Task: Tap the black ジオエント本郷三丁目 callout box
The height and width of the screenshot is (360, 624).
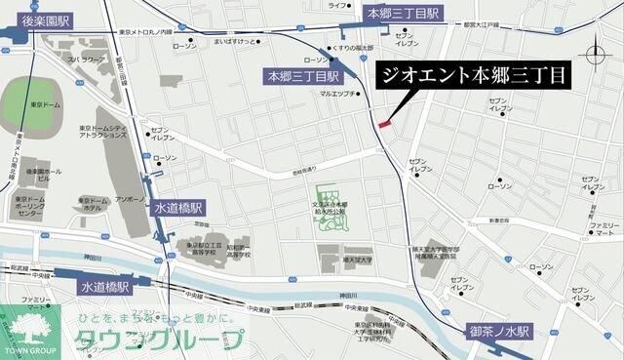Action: point(472,74)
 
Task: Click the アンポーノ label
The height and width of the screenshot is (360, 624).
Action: point(131,199)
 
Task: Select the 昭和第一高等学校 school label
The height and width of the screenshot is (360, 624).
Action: point(240,251)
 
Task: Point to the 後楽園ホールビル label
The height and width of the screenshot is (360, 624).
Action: point(44,177)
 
